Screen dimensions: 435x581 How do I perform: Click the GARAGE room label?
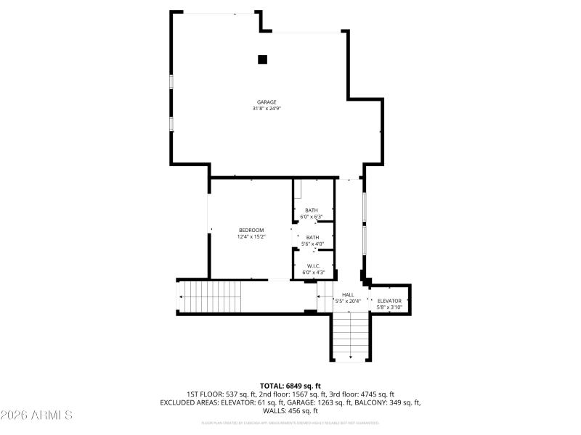tap(267, 102)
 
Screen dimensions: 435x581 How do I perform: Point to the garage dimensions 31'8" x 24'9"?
tap(267, 109)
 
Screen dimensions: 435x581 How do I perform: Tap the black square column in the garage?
tap(263, 59)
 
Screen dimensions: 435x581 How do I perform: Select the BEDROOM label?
tap(251, 230)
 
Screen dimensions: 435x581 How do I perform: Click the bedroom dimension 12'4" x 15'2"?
tap(251, 236)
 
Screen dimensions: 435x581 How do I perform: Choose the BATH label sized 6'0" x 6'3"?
tap(312, 210)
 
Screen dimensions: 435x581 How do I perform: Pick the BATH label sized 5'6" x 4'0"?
tap(312, 237)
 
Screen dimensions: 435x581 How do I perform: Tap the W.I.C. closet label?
tap(314, 266)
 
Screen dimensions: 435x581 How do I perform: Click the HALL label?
tap(348, 294)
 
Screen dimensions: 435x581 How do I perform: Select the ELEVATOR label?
tap(389, 300)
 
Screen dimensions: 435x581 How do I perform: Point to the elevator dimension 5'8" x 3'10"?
tap(389, 307)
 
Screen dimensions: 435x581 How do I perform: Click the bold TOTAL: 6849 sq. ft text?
tap(290, 386)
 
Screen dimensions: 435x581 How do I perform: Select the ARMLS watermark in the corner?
tap(36, 415)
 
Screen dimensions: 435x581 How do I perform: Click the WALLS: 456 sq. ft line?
tap(290, 410)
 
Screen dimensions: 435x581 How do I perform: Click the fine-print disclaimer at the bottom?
tap(290, 422)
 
